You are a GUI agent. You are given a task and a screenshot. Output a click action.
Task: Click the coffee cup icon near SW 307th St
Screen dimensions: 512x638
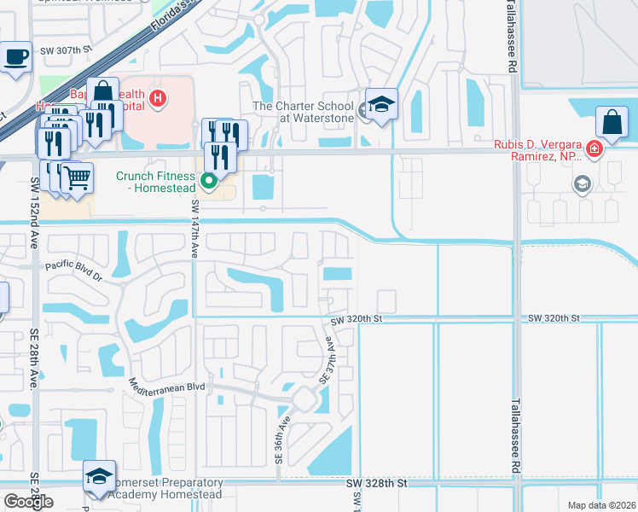[15, 57]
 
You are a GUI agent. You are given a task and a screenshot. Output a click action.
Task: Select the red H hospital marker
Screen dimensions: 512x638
[156, 98]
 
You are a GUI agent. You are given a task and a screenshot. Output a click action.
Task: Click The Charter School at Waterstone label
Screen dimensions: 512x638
[304, 113]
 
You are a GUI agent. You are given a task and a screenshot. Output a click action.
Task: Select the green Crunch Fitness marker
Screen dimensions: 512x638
[209, 181]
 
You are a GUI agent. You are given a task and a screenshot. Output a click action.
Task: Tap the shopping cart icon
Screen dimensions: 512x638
[77, 178]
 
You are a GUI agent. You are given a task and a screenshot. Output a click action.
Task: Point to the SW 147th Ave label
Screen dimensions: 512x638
[195, 230]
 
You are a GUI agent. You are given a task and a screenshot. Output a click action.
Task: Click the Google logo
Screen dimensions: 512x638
[28, 502]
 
